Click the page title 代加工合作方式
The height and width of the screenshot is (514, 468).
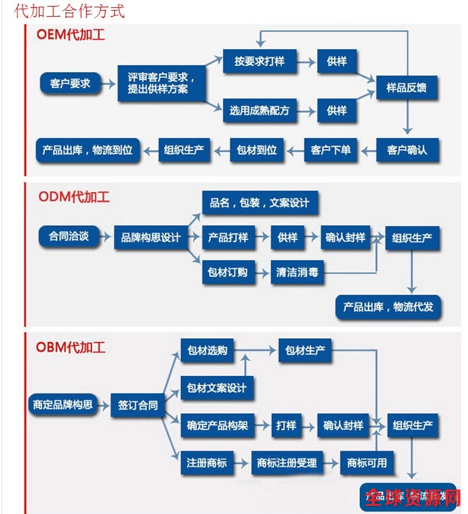coord(69,11)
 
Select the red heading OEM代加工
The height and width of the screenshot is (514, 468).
coord(70,35)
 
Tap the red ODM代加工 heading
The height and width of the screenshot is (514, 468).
coord(73,197)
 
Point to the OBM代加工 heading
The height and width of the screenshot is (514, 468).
coord(70,347)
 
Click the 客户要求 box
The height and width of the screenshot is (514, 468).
coord(70,83)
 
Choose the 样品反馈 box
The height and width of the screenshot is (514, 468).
coord(407,87)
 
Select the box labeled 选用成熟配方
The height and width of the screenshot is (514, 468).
coord(260,111)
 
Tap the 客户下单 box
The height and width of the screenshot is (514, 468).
coord(330,150)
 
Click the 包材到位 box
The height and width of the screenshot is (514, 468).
coord(257,150)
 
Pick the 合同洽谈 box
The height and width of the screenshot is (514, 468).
coord(69,236)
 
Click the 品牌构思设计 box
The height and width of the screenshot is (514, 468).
coord(151,237)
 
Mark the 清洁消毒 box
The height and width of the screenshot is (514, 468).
coord(297,272)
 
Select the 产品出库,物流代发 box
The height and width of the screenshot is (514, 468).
coord(388,307)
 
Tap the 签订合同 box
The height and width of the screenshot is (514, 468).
coord(138,405)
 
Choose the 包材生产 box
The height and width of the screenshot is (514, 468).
coord(305,351)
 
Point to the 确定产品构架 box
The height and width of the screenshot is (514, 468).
coord(218,425)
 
